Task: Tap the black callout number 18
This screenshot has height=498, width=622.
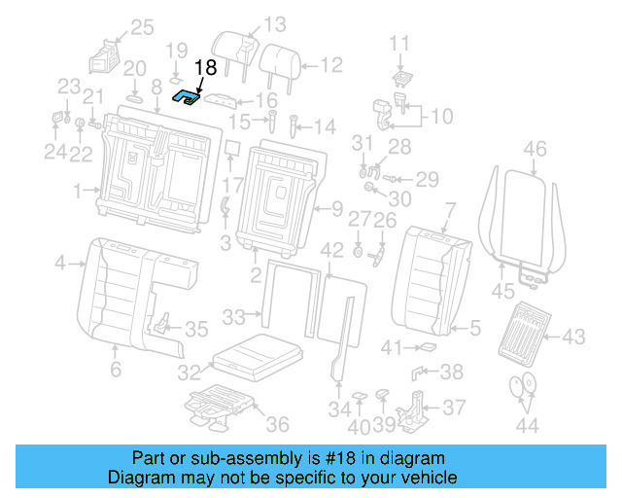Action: coord(205,67)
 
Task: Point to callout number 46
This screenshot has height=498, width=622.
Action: coord(535,149)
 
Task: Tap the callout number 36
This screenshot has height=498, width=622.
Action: coord(277,424)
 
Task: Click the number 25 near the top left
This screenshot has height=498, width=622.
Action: coord(142,27)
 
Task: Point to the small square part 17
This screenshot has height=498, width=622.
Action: coord(232,148)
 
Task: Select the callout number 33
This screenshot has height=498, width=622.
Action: coord(232,316)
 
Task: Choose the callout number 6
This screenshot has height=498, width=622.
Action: coord(115,370)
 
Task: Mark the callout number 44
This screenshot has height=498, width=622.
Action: coord(526,424)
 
